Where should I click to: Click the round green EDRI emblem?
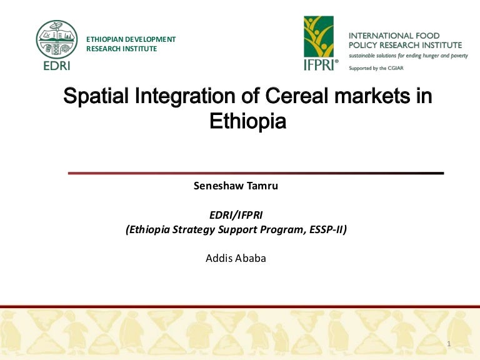pos(57,39)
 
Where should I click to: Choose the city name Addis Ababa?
pos(236,257)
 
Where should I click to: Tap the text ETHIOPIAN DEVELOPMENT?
pos(131,39)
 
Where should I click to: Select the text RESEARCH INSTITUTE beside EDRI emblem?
pos(121,49)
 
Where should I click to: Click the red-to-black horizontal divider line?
pos(255,172)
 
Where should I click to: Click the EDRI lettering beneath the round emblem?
pos(57,66)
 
